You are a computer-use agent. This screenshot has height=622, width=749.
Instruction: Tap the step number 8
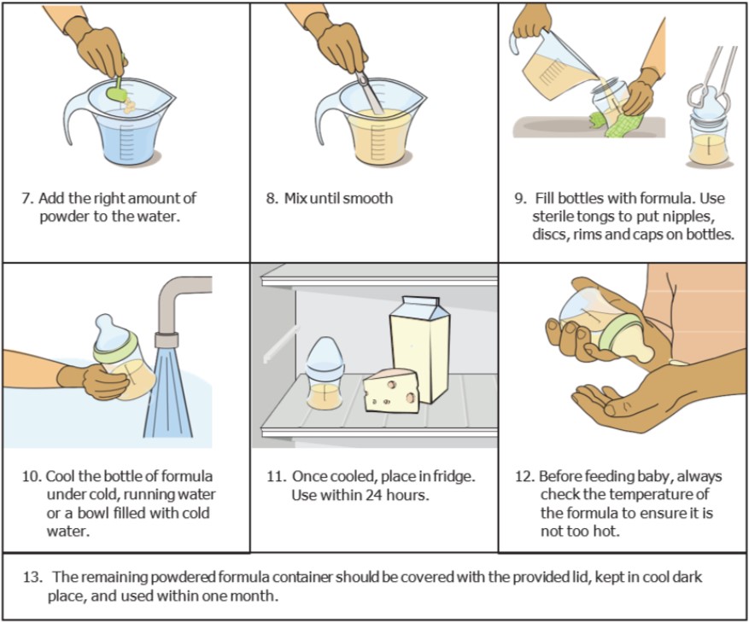pos(271,198)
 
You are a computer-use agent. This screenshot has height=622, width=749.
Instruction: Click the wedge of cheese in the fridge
pos(391,391)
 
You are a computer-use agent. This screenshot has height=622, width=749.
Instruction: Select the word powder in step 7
pos(61,216)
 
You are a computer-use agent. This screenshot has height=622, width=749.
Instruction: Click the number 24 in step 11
pos(378,494)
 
